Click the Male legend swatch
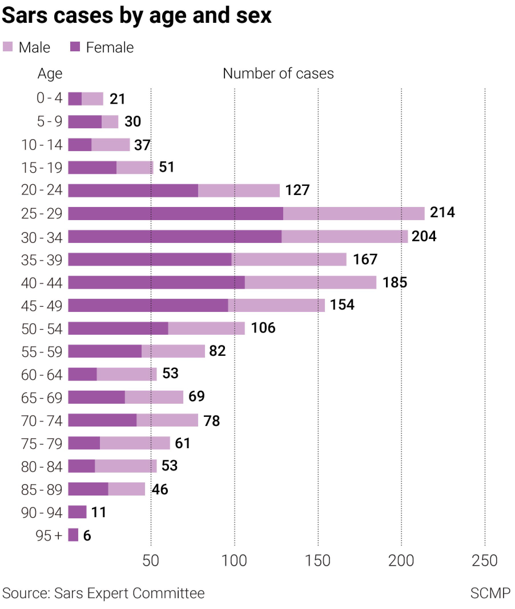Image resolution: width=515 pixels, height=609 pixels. click(8, 47)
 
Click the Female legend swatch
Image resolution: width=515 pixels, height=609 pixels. click(75, 47)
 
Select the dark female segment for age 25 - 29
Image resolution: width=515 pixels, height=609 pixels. click(175, 213)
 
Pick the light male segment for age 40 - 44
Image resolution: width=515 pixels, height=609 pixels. click(310, 282)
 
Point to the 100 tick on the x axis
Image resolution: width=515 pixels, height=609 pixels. click(234, 560)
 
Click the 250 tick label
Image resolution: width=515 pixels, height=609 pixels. click(484, 560)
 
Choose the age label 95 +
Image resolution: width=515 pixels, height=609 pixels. click(49, 535)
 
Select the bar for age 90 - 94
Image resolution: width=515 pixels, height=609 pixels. click(77, 512)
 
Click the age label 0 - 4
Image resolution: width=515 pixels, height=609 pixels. click(49, 98)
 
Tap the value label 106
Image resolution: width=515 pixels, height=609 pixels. click(263, 328)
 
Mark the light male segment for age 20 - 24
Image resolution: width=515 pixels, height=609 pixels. click(239, 191)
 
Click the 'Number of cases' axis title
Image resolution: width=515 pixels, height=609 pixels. click(278, 74)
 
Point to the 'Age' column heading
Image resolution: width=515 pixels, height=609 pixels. click(50, 74)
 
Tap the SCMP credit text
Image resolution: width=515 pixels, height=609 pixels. click(490, 593)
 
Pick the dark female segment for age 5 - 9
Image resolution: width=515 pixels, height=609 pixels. click(85, 122)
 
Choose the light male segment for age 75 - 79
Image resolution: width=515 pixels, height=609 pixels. click(135, 443)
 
